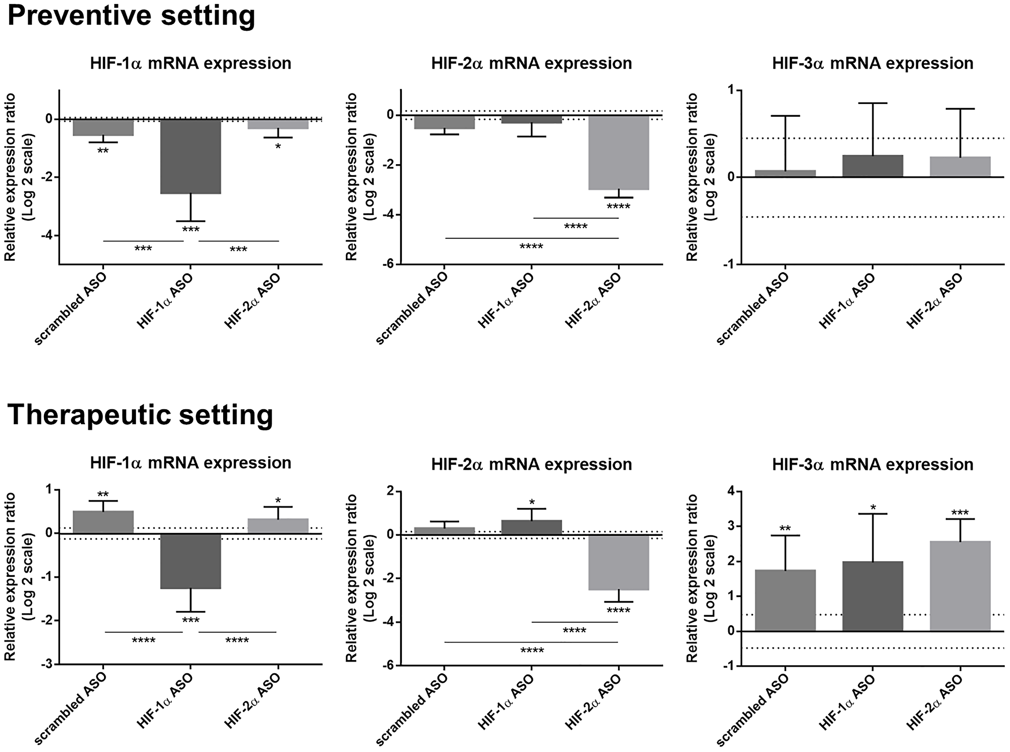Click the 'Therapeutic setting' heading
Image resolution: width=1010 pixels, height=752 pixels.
140,415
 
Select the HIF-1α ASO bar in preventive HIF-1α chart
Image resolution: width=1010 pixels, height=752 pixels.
190,157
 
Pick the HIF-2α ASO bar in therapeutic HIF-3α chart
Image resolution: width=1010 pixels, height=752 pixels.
959,586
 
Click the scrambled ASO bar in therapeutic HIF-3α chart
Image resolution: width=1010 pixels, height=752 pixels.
785,600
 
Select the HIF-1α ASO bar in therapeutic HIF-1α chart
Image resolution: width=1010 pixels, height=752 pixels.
190,561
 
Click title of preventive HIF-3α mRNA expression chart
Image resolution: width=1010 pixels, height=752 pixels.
873,64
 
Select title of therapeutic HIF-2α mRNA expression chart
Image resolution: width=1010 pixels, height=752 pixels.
531,465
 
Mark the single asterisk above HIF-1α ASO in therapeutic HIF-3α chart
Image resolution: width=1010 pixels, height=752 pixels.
873,507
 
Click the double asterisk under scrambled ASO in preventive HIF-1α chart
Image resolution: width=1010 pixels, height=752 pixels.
103,151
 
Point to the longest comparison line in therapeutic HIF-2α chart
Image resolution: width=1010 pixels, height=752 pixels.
531,642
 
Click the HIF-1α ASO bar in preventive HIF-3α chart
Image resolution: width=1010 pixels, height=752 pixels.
873,166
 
